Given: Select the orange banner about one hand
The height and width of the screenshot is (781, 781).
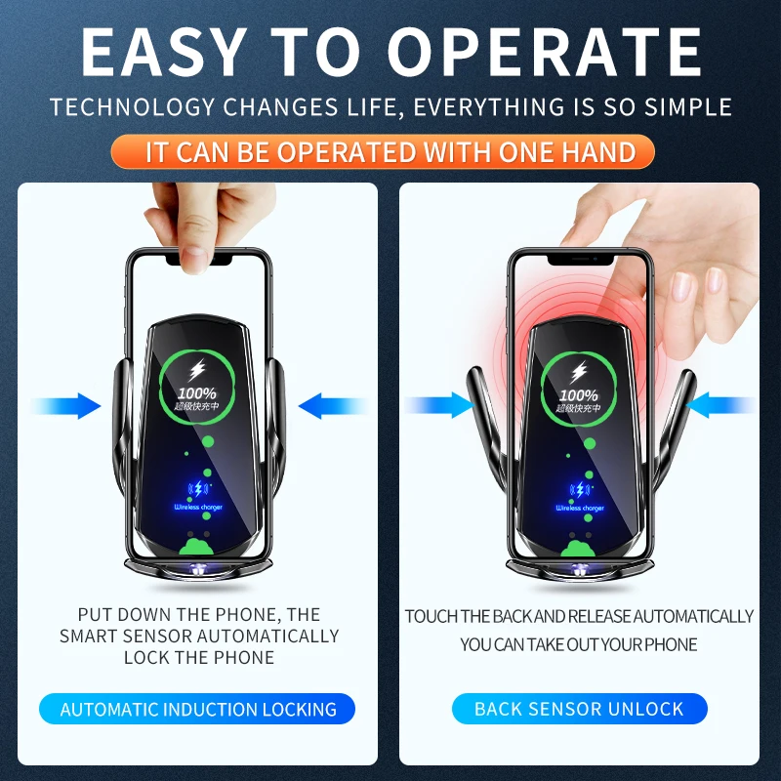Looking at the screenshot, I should click(x=390, y=152).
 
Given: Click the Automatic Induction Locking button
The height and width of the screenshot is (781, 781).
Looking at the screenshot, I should click(x=198, y=710).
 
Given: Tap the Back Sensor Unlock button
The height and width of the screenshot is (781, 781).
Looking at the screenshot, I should click(x=579, y=710).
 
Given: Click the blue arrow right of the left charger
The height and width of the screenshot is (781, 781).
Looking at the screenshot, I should click(x=332, y=405).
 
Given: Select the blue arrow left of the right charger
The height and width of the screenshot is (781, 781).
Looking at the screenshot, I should click(x=439, y=405).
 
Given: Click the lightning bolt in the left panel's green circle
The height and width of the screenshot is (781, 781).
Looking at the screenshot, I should click(x=199, y=371).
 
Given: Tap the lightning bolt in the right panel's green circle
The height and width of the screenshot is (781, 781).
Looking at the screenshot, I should click(x=580, y=371).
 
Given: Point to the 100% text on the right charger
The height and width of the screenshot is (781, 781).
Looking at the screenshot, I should click(x=580, y=394).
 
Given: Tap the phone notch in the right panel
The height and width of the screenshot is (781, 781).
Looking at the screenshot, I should click(x=579, y=260).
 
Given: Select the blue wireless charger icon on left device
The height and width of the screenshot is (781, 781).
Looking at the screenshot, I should click(x=198, y=491).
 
